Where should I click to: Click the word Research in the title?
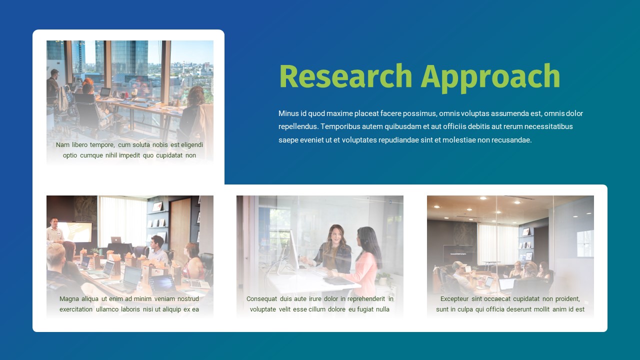tap(345, 76)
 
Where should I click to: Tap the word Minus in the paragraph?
tap(288, 113)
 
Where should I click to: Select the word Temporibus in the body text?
tap(340, 126)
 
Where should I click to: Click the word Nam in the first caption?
tap(62, 145)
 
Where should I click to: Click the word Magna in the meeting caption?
tap(69, 299)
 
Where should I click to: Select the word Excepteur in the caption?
tap(454, 299)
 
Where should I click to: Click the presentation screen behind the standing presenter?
tap(77, 231)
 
